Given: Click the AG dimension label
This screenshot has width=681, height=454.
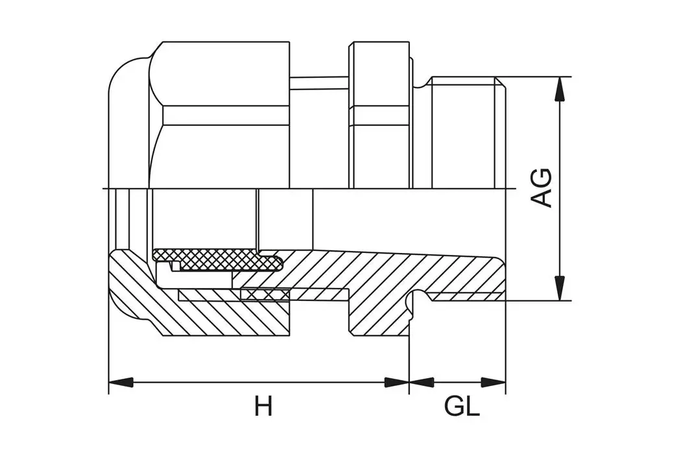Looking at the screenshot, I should tap(542, 188).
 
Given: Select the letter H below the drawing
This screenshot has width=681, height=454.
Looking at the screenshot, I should tap(263, 407).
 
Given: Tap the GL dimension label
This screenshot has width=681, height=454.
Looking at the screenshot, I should tap(462, 407).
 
